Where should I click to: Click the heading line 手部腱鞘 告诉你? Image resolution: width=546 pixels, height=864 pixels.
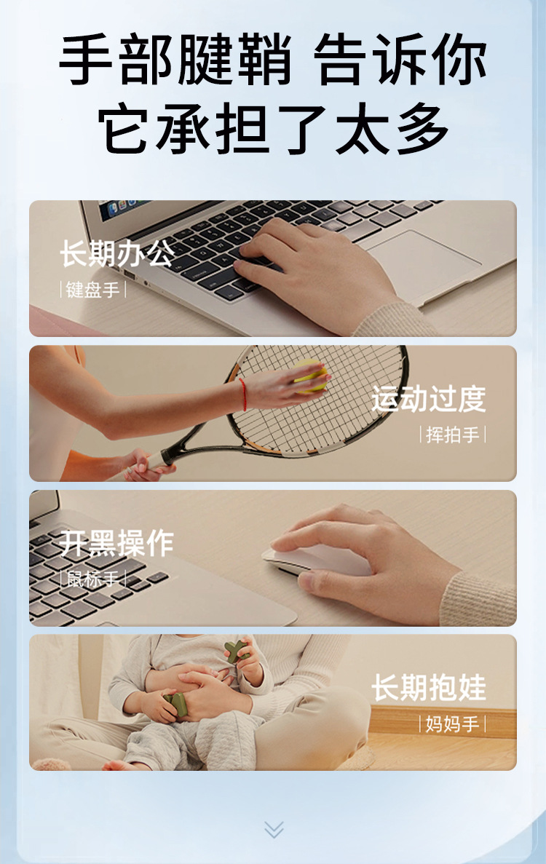tap(273, 60)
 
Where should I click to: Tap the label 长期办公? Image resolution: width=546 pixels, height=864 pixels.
tap(116, 255)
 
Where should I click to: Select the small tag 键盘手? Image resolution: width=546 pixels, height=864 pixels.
tap(92, 290)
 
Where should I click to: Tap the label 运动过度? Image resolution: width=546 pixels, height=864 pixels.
tap(429, 399)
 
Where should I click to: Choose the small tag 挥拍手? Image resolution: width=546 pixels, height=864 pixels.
tap(453, 435)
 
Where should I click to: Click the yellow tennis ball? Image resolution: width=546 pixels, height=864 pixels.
tap(311, 376)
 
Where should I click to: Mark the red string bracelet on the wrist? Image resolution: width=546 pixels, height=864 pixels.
tap(242, 394)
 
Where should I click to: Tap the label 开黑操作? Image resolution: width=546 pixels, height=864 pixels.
tap(116, 543)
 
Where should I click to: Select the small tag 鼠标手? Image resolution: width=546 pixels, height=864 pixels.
tap(92, 579)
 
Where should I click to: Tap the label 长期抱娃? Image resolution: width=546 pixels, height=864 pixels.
tap(429, 688)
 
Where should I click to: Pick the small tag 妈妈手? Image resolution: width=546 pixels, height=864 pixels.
tap(453, 724)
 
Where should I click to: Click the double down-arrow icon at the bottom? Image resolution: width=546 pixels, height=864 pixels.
tap(274, 829)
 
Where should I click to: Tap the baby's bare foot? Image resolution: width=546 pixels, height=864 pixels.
tap(120, 764)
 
